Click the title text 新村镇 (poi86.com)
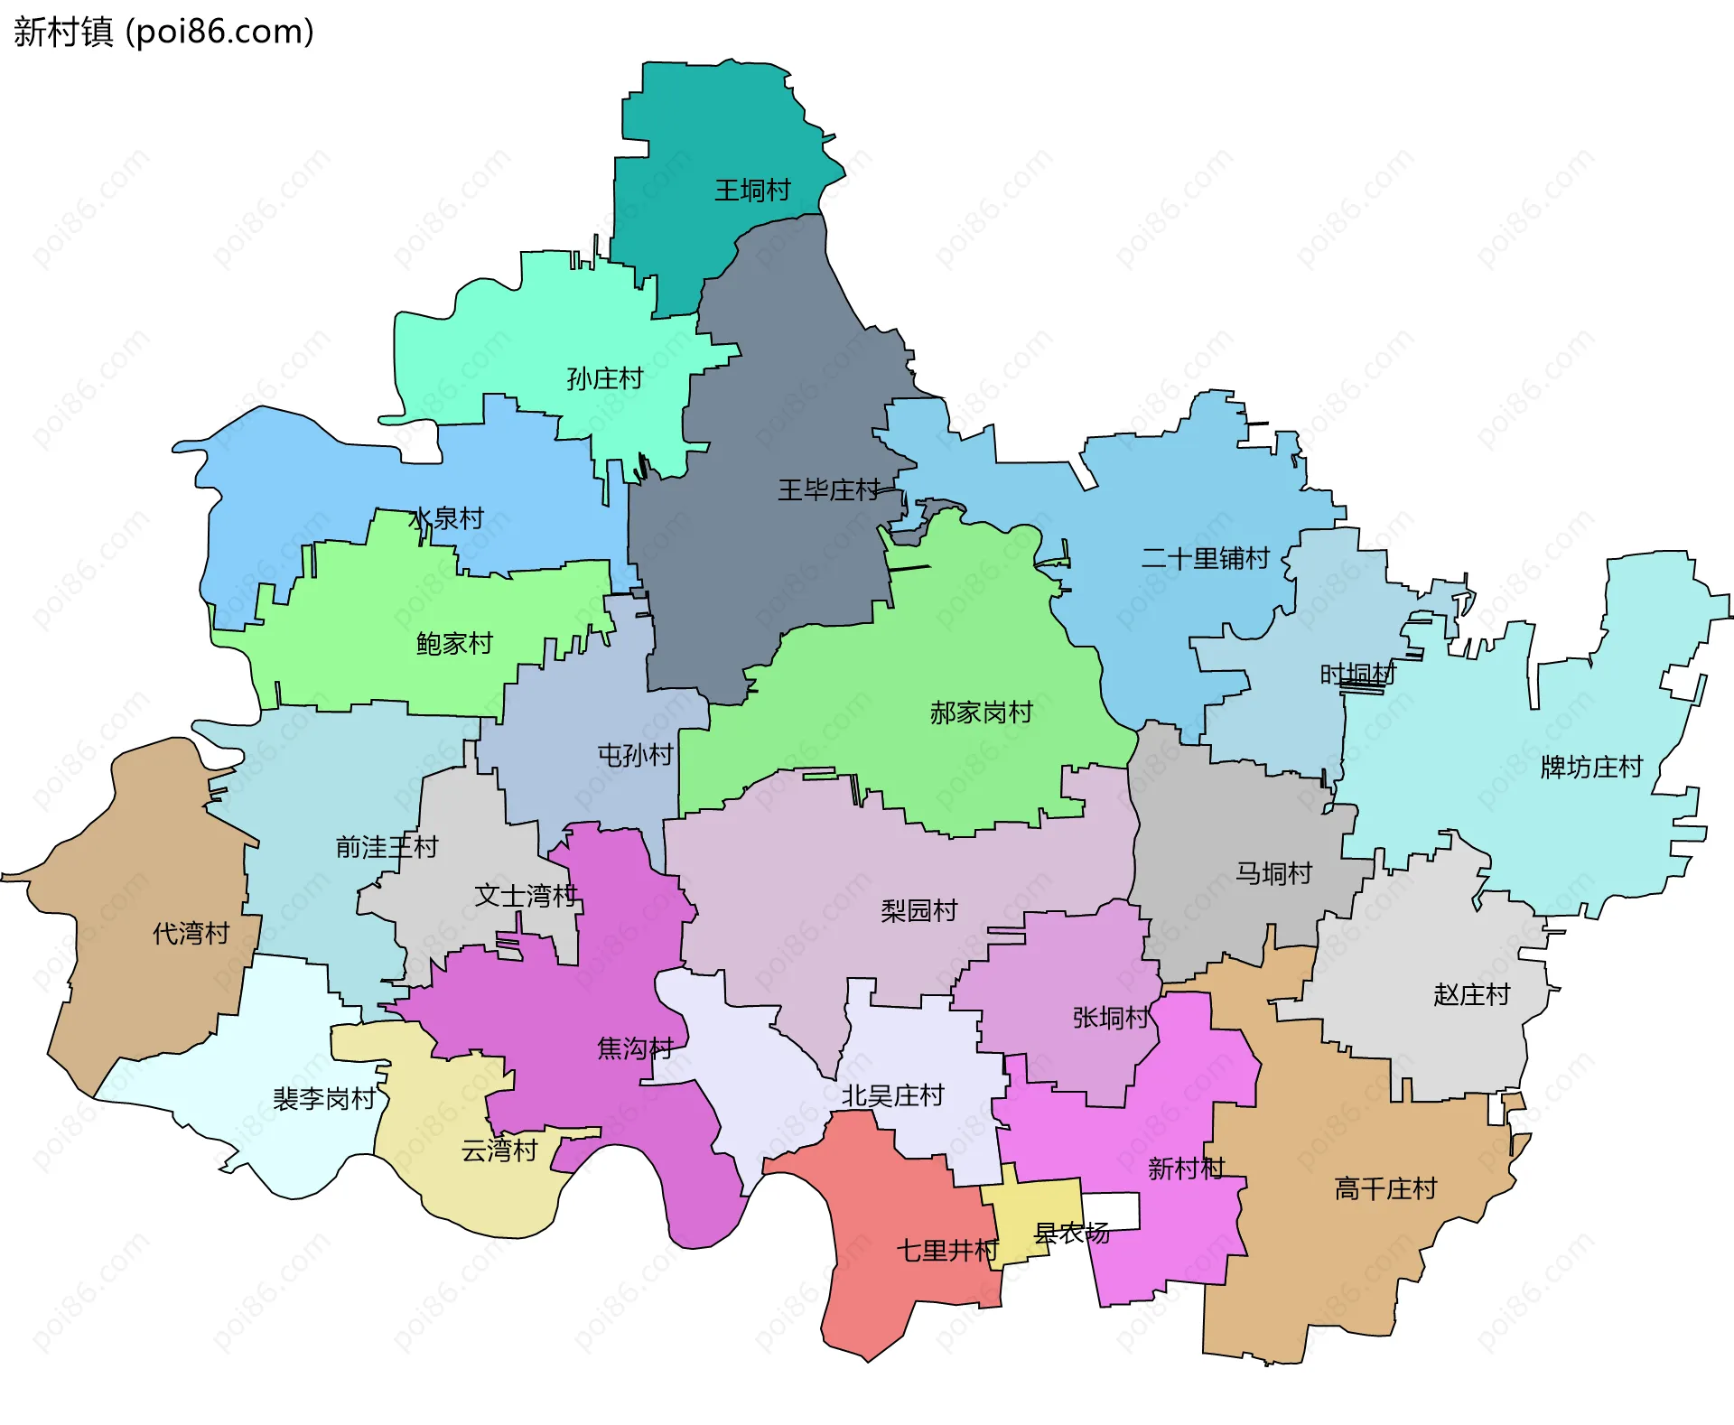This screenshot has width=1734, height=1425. click(163, 32)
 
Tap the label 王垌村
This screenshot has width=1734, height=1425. click(752, 191)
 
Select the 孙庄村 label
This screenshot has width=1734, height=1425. click(604, 378)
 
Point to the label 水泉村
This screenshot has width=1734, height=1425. click(446, 518)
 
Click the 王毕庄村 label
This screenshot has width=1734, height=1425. click(828, 490)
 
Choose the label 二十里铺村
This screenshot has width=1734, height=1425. click(1205, 558)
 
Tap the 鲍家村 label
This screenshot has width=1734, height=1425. click(454, 643)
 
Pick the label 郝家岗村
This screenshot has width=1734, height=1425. click(981, 712)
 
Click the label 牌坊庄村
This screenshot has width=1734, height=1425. click(1591, 767)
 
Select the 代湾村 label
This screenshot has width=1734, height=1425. click(191, 933)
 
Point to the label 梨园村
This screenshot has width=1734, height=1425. click(918, 910)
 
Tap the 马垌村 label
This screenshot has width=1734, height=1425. click(1273, 873)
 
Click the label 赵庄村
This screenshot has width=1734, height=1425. click(1471, 994)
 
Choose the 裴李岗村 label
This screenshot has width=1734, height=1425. click(324, 1099)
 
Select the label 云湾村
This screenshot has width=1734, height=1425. click(499, 1150)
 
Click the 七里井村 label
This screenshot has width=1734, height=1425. click(947, 1251)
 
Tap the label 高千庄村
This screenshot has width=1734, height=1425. click(1384, 1188)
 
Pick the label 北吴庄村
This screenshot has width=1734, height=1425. click(892, 1095)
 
